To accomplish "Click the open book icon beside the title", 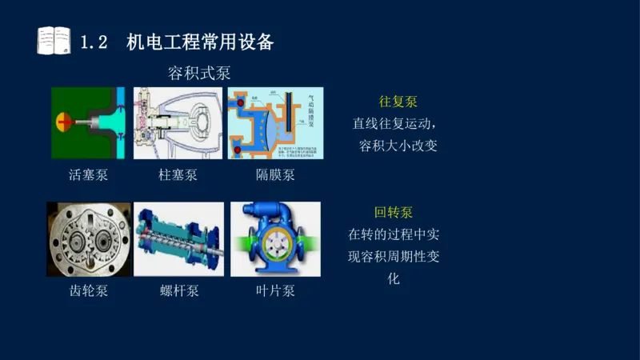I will pos(54,41).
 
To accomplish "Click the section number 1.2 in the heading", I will pos(94,42).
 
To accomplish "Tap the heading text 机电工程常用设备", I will pos(200,42).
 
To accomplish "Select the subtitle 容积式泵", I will pos(199,74).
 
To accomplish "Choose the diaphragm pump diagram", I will pos(275,122).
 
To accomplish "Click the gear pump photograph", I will pos(88,239).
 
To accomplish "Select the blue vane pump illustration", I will pos(275,239).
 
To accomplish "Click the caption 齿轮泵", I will pos(88,291).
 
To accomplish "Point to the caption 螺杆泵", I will pos(178,291).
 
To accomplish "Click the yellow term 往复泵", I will pos(398,102).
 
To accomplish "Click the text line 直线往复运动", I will pos(394,124).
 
